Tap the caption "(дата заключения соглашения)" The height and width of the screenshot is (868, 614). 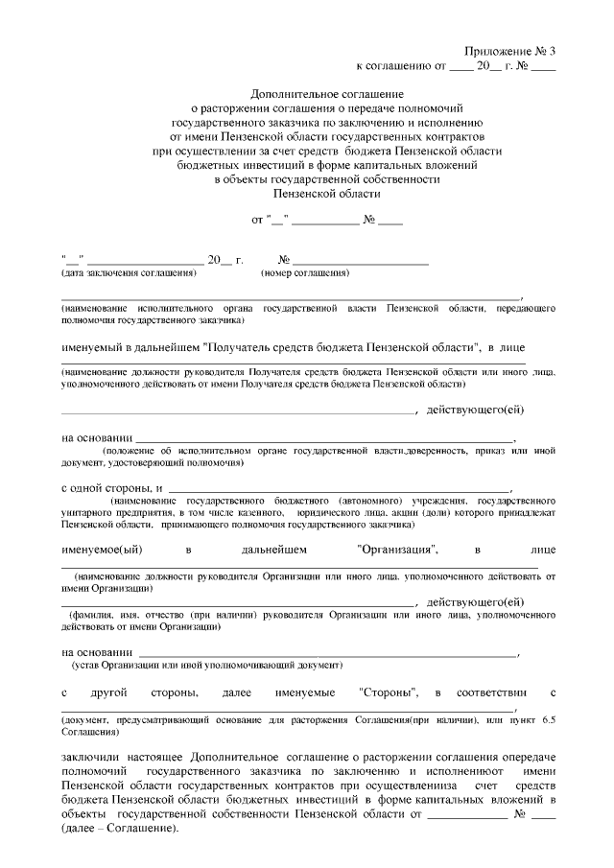tap(128, 273)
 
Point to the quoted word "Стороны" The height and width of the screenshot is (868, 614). tap(392, 692)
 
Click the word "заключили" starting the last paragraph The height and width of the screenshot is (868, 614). tap(90, 758)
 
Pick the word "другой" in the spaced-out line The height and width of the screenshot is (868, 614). tap(116, 692)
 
